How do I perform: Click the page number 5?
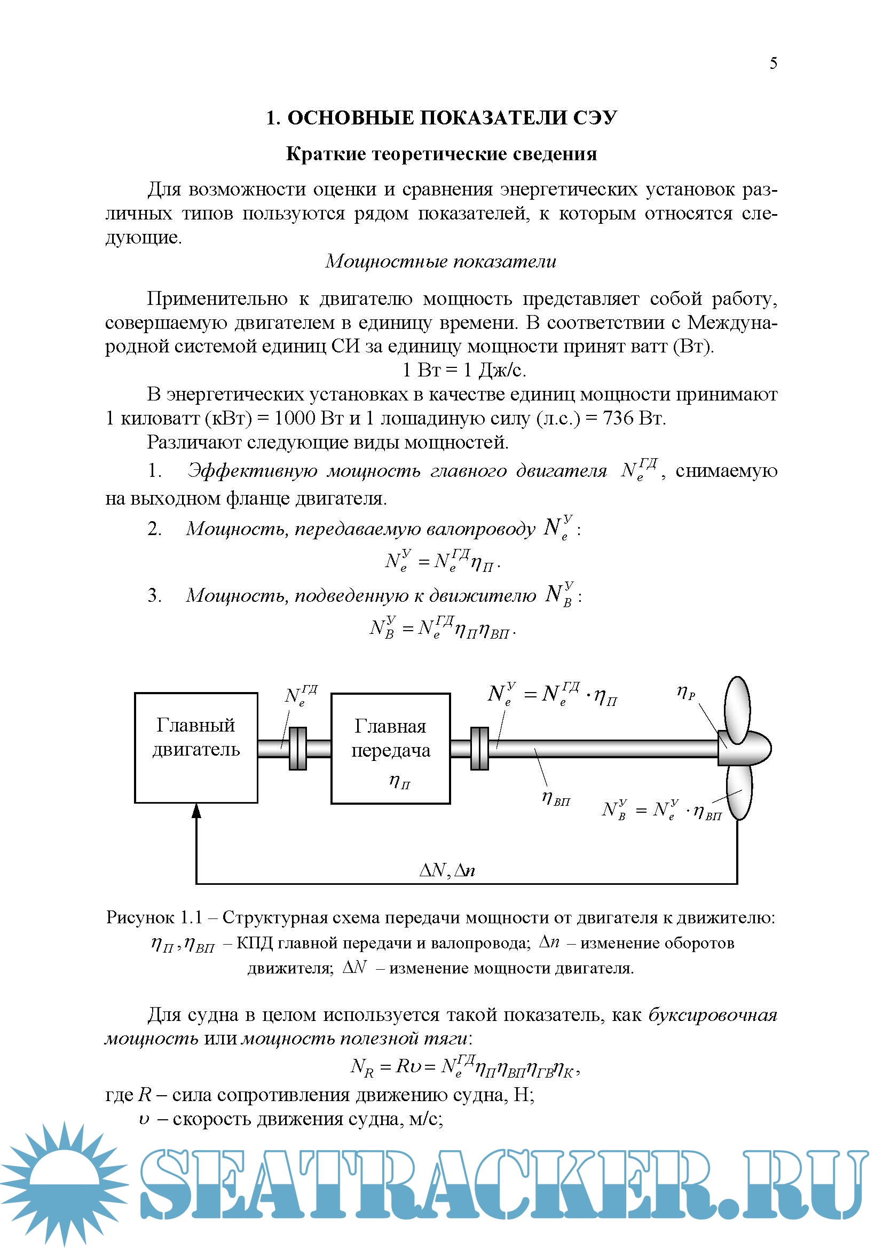772,64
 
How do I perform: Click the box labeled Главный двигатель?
196,748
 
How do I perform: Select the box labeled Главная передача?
390,748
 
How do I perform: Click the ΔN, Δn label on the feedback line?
447,870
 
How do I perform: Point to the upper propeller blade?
738,709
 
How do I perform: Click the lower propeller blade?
739,791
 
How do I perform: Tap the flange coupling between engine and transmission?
297,749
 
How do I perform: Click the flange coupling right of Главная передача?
479,749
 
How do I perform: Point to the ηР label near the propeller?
685,693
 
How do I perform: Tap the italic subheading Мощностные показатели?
441,262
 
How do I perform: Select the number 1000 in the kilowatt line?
294,418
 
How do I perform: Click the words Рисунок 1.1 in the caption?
154,918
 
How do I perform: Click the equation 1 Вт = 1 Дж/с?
464,370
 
